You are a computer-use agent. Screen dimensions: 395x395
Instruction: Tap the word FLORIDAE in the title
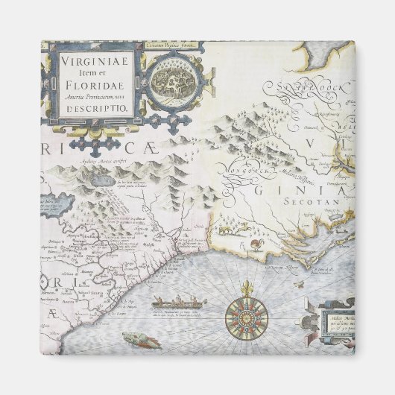93,85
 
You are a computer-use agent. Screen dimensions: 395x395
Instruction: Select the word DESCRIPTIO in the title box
93,108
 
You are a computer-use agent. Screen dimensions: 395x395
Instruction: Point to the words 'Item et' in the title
92,74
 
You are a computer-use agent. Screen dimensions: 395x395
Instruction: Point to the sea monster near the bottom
142,341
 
